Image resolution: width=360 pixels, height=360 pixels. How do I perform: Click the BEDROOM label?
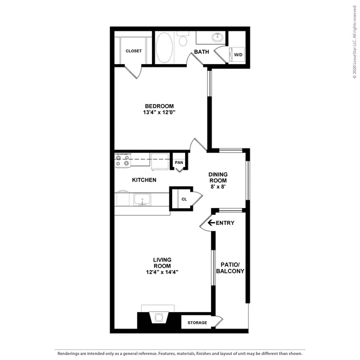coord(159,106)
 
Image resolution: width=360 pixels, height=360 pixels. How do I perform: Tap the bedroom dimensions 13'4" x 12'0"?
coord(159,112)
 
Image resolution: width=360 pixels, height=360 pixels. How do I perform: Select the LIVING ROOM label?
coord(163,263)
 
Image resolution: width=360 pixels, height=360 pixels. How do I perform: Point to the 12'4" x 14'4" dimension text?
coord(163,272)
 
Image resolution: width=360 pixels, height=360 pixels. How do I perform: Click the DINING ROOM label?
coord(218,178)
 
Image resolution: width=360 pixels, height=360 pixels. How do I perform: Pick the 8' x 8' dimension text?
coord(218,187)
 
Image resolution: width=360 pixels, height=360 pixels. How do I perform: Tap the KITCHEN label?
coord(144,180)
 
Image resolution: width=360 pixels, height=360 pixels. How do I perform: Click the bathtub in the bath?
coord(164,47)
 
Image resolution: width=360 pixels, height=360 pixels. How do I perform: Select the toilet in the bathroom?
coord(183,39)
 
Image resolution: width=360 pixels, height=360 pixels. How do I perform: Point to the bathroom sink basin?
coord(217,37)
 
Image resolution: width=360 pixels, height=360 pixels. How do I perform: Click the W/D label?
coord(238,55)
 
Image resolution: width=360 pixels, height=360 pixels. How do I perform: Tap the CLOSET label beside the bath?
coord(134,51)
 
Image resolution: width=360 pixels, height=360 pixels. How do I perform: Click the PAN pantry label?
coord(179,163)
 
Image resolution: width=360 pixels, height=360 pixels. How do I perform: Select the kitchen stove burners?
coord(123,160)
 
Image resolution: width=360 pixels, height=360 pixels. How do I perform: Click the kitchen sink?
coord(142,200)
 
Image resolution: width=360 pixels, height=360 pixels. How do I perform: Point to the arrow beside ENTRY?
coord(211,223)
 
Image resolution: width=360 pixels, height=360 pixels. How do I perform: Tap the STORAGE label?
coord(197,322)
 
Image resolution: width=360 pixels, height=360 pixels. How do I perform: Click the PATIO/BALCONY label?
coord(230,268)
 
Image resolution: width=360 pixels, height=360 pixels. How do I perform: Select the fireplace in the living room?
coord(159,317)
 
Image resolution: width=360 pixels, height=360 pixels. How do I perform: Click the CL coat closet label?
coord(184,199)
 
